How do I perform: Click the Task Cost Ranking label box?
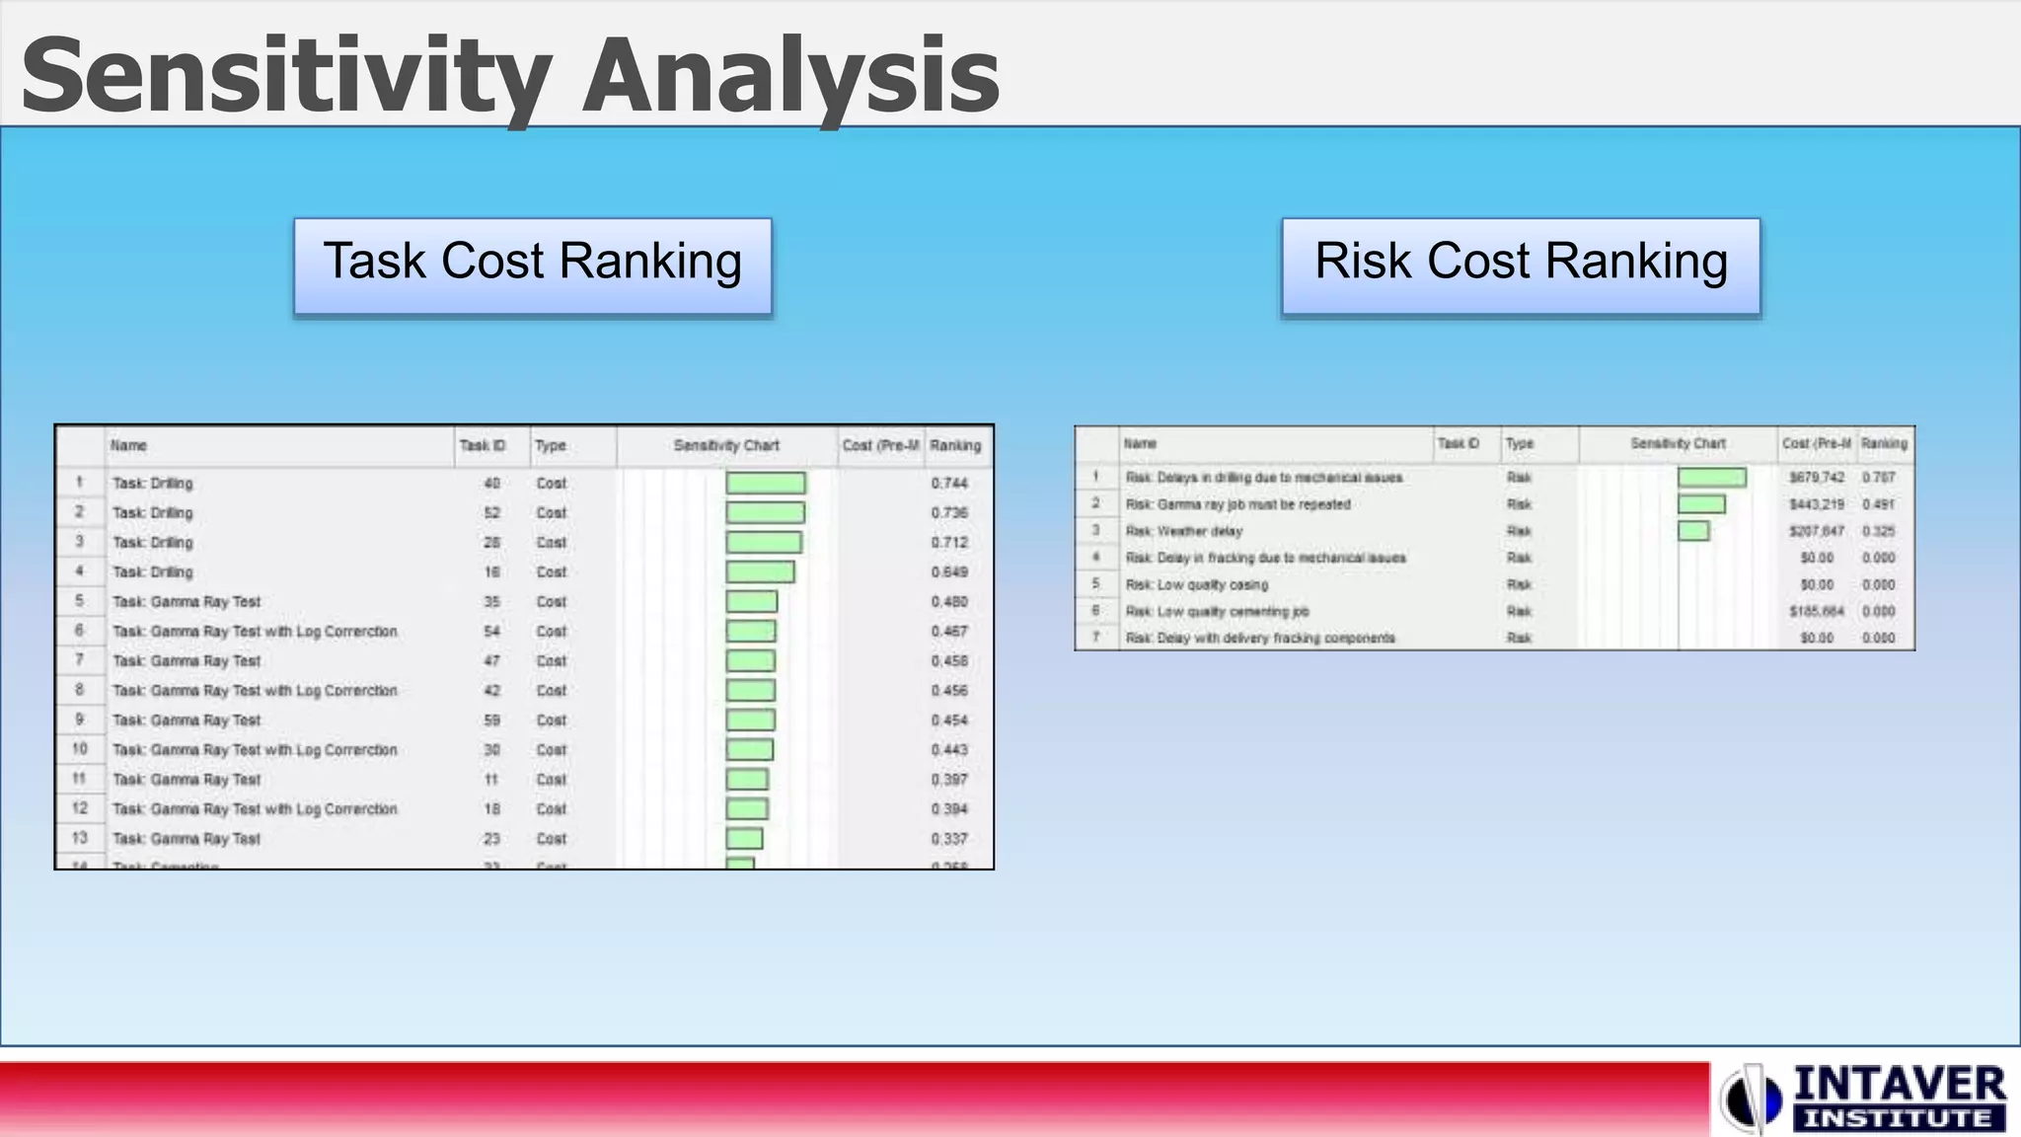(533, 265)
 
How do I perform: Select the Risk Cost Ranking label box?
(1521, 265)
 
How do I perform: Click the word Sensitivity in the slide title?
(286, 77)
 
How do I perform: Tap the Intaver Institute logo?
(1864, 1098)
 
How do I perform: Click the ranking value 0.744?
(949, 483)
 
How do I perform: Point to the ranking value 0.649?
(949, 571)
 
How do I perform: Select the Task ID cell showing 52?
(491, 512)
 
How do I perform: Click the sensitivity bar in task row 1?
(766, 483)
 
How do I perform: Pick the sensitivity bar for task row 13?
(744, 838)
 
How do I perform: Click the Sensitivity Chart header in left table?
(726, 445)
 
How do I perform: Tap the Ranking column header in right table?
(1884, 443)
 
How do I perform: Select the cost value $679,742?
(1817, 477)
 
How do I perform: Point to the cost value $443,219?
(1817, 504)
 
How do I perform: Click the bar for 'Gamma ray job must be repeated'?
(1701, 504)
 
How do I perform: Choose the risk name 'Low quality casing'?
(1197, 584)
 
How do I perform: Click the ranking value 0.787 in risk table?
(1879, 477)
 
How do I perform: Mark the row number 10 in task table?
(80, 749)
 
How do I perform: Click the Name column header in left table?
(129, 445)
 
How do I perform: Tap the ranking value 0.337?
(949, 838)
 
